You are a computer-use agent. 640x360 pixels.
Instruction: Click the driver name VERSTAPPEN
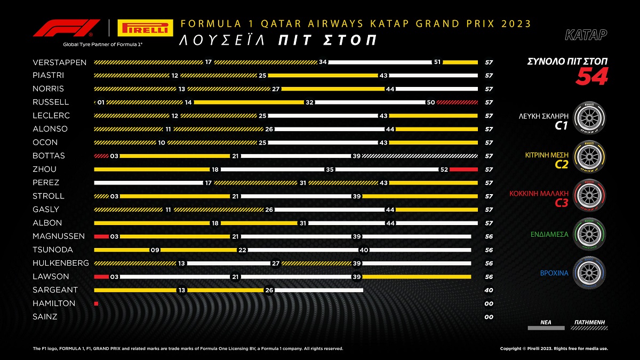point(59,62)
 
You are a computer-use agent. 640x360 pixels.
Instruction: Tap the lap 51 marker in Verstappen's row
point(437,62)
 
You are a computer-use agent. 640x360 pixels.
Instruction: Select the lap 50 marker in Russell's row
point(431,102)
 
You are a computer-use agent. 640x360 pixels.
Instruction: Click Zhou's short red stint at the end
point(463,170)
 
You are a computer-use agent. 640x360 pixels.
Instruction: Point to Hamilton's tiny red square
point(96,303)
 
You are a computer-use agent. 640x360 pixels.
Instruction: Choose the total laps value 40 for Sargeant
point(489,290)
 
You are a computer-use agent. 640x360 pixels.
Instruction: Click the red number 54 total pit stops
point(591,77)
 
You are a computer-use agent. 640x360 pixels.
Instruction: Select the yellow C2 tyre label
point(561,165)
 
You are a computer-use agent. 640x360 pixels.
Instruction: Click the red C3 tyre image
point(590,196)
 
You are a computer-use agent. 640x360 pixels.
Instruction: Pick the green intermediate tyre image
point(590,234)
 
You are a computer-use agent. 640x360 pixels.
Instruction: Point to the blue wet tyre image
point(590,273)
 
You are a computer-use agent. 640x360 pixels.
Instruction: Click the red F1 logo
point(67,28)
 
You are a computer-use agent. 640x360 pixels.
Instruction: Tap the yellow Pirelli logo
point(144,28)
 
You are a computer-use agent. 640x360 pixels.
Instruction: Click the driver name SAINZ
point(45,317)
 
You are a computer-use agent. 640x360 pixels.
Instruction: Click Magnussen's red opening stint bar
point(101,236)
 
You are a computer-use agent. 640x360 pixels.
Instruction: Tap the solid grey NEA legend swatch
point(546,328)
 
